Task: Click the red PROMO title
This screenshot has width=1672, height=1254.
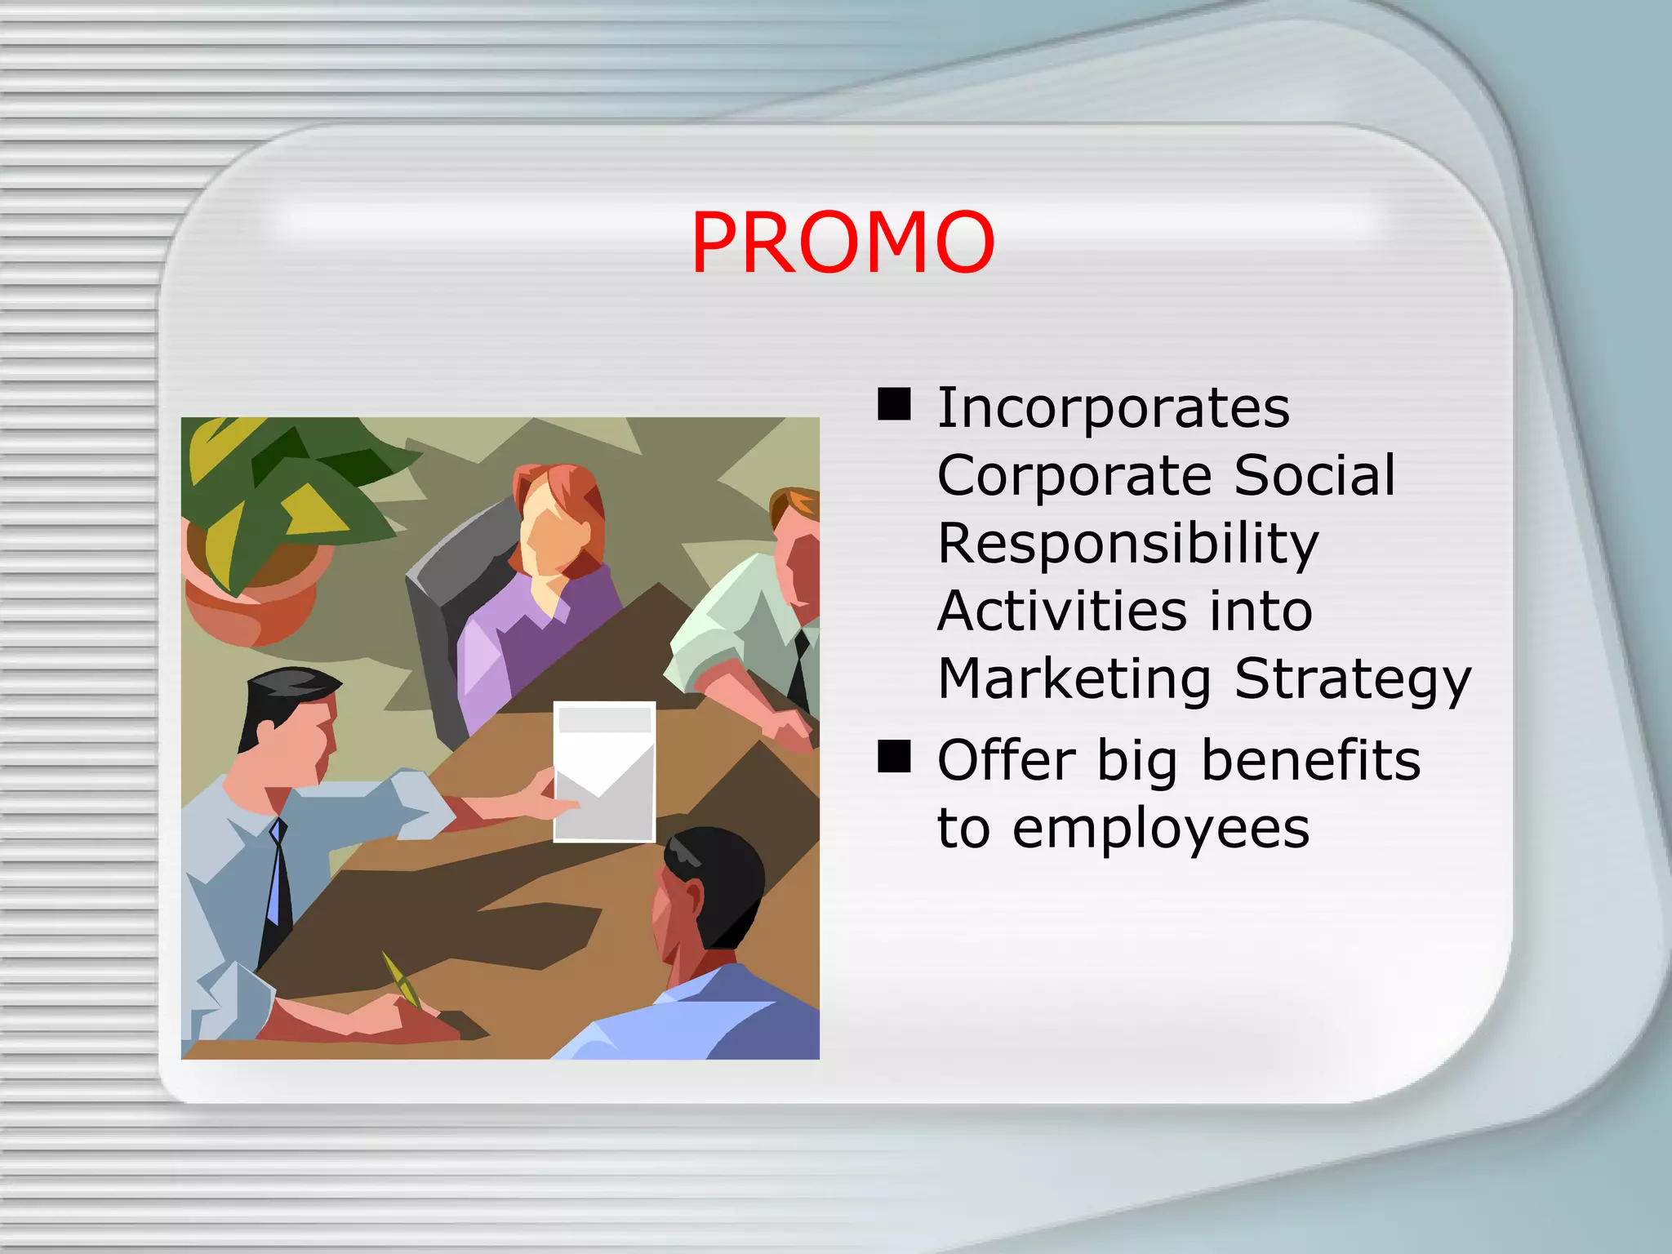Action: point(843,242)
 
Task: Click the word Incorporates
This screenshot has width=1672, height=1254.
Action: point(1114,407)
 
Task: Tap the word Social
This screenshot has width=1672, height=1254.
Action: point(1314,475)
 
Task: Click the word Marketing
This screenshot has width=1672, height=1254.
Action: point(1074,680)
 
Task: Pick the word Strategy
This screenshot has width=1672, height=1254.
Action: point(1352,680)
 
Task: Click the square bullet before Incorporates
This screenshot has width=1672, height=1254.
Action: point(894,404)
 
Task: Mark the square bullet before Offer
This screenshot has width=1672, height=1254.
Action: point(894,757)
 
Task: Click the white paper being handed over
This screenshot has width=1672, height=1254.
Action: point(604,771)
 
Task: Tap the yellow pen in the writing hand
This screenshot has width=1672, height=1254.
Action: point(402,979)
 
